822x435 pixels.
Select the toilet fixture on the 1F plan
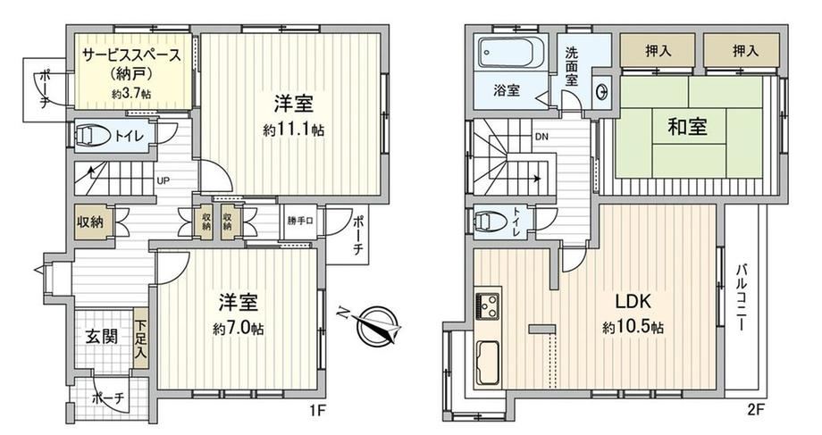coord(92,136)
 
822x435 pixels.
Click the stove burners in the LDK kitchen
coord(487,306)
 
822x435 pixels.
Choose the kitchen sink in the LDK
coord(488,363)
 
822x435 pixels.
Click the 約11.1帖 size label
coord(294,130)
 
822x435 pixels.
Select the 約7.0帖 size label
coord(239,329)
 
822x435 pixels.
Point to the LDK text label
coord(633,302)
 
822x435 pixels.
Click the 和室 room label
coord(687,127)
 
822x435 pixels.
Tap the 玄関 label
coord(101,337)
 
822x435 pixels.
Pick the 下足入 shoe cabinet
coord(140,339)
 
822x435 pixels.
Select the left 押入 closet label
coord(658,50)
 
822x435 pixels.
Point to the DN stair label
coord(541,138)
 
